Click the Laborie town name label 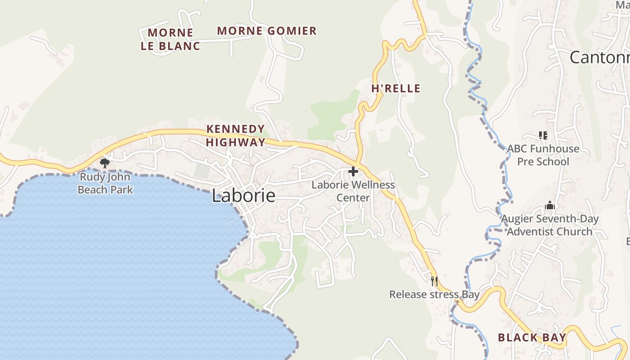click(x=243, y=196)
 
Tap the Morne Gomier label click(x=267, y=31)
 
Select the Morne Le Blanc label click(x=171, y=39)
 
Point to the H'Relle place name click(x=396, y=89)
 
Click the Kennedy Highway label click(x=236, y=135)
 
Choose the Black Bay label click(x=532, y=337)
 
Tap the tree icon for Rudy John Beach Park click(x=105, y=163)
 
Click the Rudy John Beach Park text click(x=105, y=184)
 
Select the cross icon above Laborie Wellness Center click(x=353, y=171)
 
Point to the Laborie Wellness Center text click(x=353, y=191)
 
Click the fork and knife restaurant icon click(x=434, y=281)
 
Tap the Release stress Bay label click(x=434, y=295)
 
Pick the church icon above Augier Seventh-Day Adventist click(x=550, y=206)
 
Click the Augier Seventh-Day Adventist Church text click(x=550, y=225)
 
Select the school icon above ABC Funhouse click(x=543, y=135)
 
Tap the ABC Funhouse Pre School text click(x=543, y=155)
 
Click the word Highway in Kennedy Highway click(x=236, y=143)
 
